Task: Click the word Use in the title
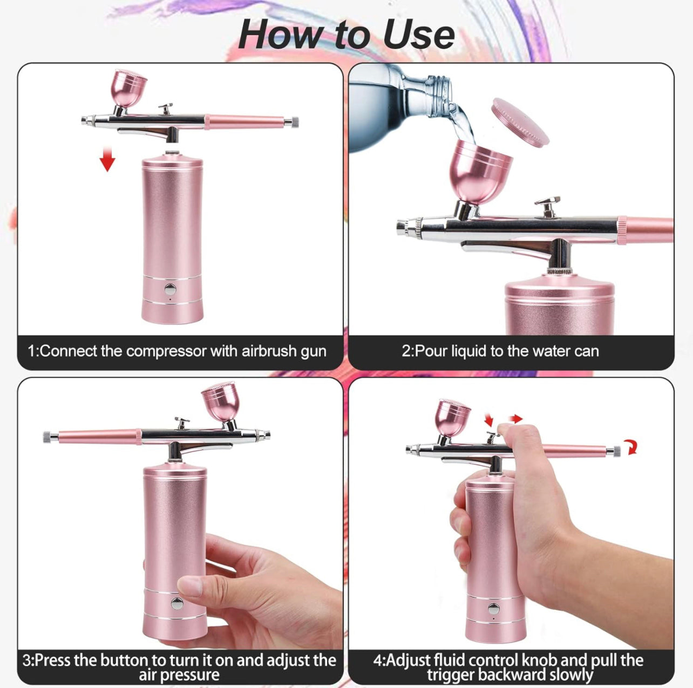click(x=419, y=35)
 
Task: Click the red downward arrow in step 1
click(x=108, y=160)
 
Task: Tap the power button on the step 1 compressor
click(x=171, y=289)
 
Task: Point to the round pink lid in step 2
click(x=520, y=122)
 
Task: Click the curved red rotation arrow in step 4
click(x=631, y=447)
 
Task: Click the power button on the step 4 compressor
click(x=493, y=609)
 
